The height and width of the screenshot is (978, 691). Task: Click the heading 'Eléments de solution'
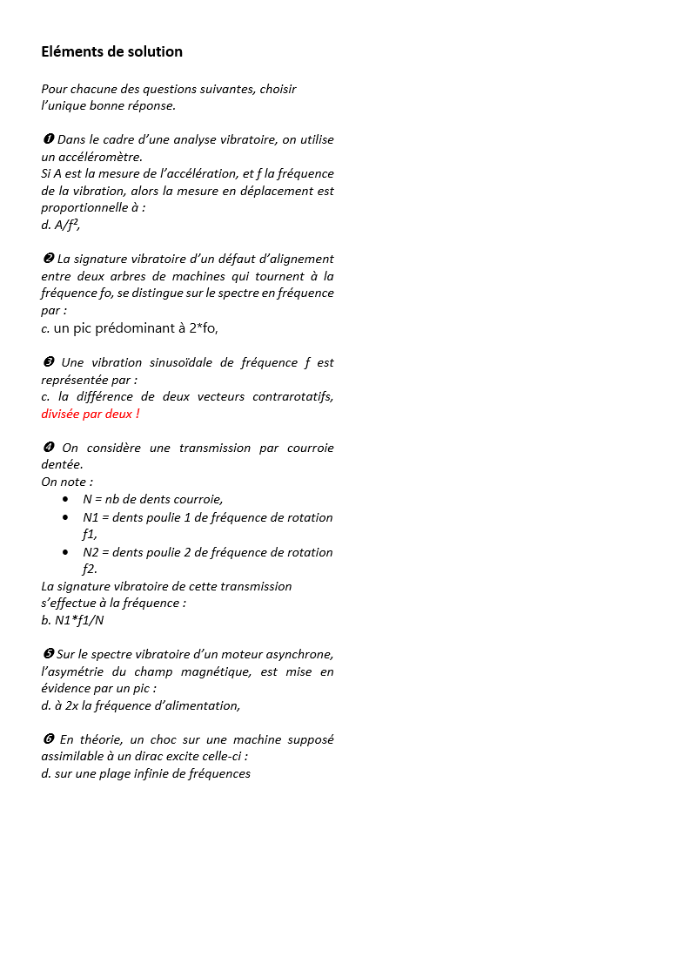111,51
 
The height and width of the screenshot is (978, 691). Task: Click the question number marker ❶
48,139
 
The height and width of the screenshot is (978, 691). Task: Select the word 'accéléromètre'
103,157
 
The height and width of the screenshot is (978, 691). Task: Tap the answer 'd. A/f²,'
61,225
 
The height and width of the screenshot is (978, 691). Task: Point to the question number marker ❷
48,259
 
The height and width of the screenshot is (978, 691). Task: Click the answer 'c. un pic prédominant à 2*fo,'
130,327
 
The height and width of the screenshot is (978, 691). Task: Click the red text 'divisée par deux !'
91,414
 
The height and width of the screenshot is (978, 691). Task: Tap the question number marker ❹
49,448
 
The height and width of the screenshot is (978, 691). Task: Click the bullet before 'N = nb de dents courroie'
66,499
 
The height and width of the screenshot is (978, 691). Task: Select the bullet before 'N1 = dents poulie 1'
66,516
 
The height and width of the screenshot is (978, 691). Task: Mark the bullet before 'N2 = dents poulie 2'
66,551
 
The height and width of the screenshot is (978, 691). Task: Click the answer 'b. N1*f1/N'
72,620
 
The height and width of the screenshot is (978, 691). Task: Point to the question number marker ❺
48,654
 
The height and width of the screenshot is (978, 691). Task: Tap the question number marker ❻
48,739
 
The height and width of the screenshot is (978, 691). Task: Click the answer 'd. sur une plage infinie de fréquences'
145,773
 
